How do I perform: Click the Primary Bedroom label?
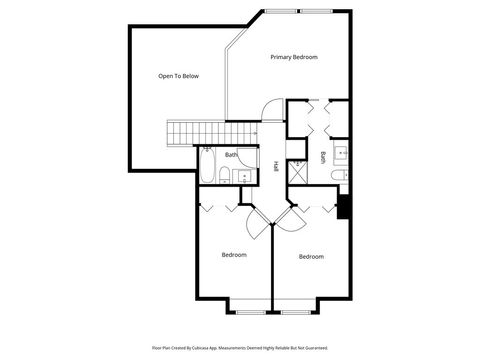point(294,57)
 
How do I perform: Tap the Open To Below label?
point(178,76)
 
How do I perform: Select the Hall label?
point(276,166)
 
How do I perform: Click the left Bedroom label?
point(234,255)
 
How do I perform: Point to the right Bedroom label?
point(311,257)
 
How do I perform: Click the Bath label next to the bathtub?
point(231,155)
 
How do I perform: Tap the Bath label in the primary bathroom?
point(323,156)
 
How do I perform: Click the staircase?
point(211,131)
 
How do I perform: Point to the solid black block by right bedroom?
point(344,207)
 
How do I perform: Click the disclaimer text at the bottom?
point(239,348)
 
